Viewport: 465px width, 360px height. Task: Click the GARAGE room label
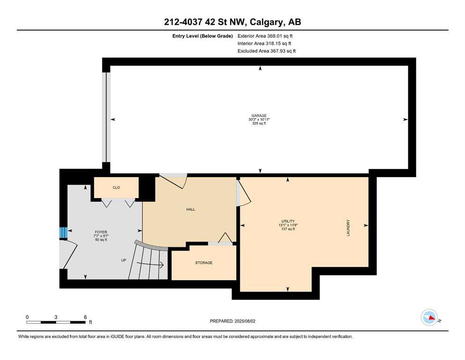(259, 115)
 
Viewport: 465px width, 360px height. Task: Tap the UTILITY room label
(288, 221)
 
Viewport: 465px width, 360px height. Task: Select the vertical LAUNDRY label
(348, 228)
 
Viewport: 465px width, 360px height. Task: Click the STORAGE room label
(204, 263)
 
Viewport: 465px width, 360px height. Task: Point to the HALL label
(191, 209)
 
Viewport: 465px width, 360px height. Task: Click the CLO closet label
(116, 187)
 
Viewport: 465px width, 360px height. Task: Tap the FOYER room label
(101, 232)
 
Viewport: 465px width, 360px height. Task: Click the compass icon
(429, 318)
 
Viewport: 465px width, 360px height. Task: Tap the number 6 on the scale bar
(85, 317)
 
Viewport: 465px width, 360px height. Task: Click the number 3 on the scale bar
(56, 317)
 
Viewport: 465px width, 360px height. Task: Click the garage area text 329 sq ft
(259, 123)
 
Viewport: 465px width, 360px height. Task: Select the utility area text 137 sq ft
(288, 229)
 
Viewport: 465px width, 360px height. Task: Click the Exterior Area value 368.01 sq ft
(280, 36)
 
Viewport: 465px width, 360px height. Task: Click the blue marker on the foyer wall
(63, 232)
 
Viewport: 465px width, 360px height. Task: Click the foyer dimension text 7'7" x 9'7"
(101, 236)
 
